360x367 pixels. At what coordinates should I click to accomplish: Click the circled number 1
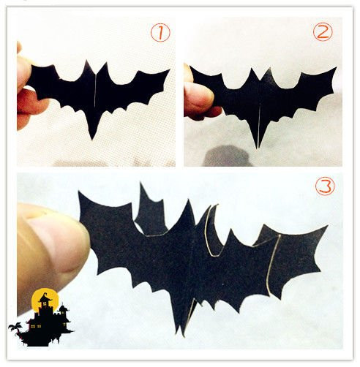pos(160,33)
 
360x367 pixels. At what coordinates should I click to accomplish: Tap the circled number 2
pos(323,31)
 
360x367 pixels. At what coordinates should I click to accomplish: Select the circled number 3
pos(325,186)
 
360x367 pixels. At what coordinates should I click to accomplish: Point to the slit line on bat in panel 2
pos(259,125)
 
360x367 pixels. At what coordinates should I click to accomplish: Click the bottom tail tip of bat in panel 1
pos(92,140)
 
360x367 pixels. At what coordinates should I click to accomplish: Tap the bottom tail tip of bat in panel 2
pos(258,148)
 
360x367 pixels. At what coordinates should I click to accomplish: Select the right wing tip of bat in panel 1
pos(169,70)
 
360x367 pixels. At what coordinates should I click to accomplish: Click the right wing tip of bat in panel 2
pos(337,67)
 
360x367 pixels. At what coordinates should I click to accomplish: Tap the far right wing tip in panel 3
pos(327,226)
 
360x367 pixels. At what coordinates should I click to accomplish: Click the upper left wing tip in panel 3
pos(78,192)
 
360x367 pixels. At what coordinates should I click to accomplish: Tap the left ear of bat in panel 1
pos(86,61)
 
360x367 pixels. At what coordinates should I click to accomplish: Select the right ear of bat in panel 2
pos(269,69)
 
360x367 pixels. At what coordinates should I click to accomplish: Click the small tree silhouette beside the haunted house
pos(15,328)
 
